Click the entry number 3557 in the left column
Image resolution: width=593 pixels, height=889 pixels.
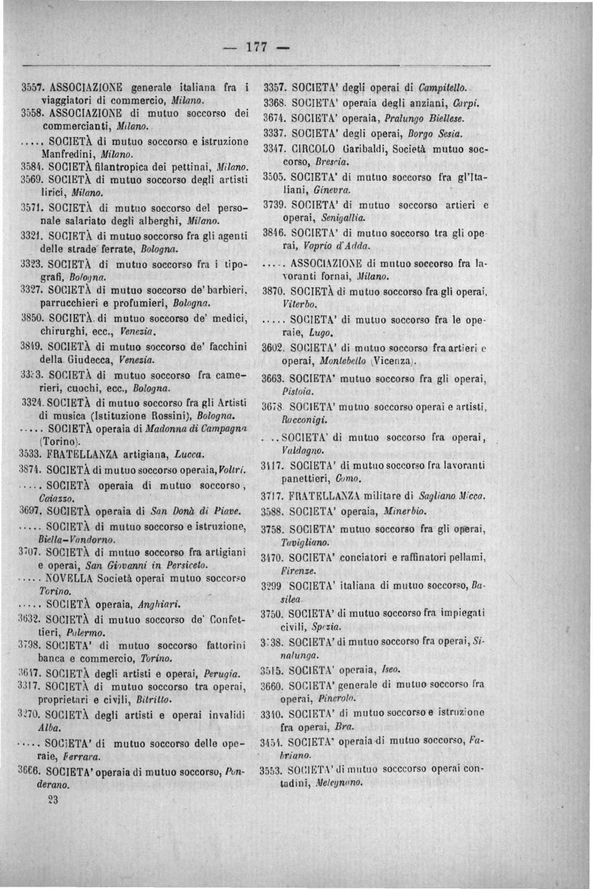(x=30, y=87)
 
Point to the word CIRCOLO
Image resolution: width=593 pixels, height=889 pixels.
(x=314, y=149)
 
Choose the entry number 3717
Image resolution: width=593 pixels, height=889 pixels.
(x=272, y=497)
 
